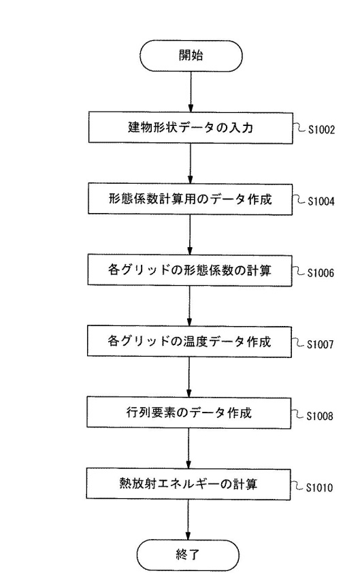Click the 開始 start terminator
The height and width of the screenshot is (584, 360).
click(191, 56)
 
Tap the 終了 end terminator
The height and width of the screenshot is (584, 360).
click(188, 555)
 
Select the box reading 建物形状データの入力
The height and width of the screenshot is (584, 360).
click(191, 128)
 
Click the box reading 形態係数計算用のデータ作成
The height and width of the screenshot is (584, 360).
click(191, 199)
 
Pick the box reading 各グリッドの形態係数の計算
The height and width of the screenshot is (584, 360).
click(190, 270)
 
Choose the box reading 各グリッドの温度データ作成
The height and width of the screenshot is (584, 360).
click(189, 341)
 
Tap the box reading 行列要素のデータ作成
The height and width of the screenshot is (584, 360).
click(189, 412)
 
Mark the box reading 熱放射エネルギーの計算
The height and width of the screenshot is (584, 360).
click(189, 484)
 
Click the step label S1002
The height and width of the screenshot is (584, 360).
click(322, 129)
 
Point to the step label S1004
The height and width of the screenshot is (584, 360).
click(321, 201)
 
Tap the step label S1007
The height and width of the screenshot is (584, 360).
click(321, 344)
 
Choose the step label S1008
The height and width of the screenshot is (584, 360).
click(320, 416)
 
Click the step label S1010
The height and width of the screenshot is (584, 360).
click(319, 487)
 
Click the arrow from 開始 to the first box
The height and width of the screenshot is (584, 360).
click(191, 92)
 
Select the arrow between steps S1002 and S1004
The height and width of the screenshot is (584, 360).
click(191, 163)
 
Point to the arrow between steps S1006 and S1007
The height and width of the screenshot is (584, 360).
click(189, 306)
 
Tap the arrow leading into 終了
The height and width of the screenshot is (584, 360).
click(188, 520)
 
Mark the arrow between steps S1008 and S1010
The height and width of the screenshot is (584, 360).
click(189, 449)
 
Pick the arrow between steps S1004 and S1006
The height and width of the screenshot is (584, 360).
click(190, 235)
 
